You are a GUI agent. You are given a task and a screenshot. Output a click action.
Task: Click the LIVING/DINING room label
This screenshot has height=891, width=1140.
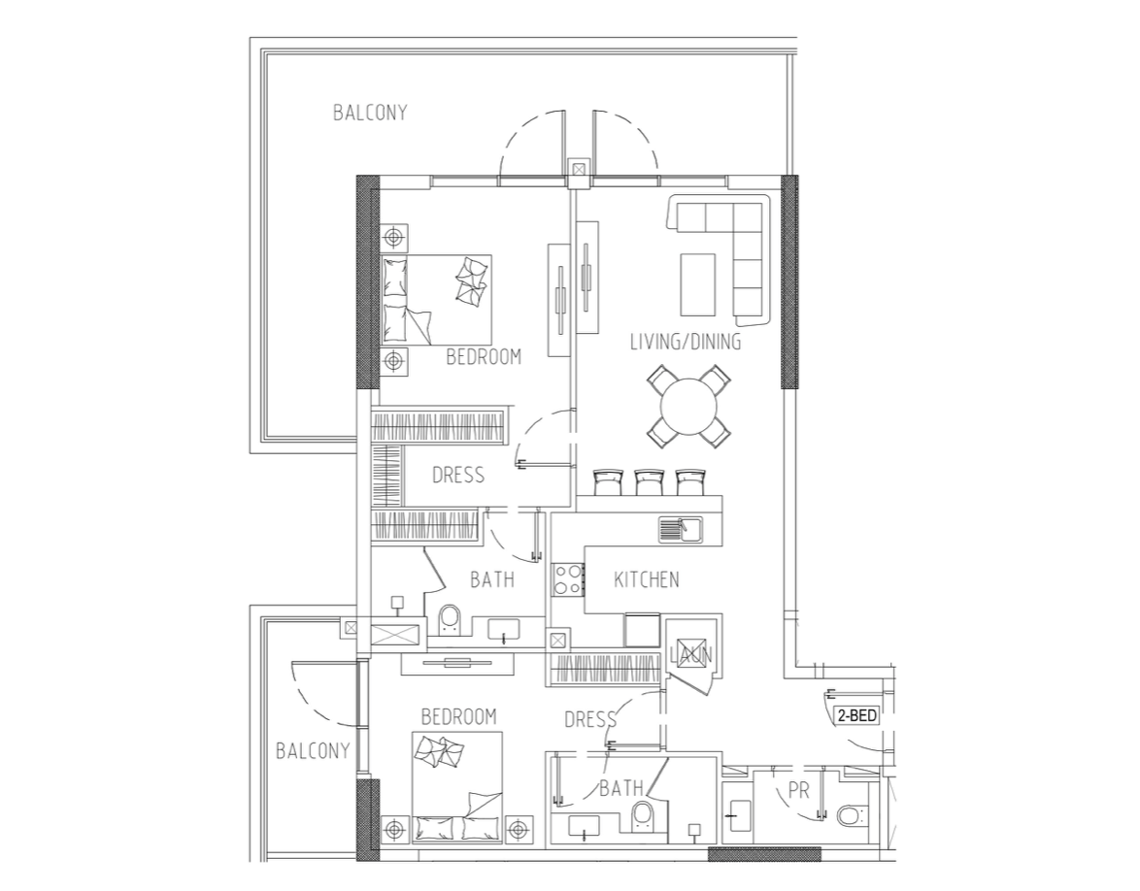(685, 342)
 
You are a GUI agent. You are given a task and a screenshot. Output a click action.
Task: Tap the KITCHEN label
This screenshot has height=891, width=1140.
(647, 579)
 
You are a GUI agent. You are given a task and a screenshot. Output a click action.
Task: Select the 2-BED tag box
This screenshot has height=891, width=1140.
(857, 716)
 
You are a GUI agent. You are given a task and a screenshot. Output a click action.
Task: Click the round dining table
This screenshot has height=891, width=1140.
(687, 406)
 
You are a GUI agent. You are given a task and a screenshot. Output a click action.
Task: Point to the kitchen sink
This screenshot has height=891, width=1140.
(680, 529)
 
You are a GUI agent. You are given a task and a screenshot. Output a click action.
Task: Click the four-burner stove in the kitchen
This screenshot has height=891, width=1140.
(568, 579)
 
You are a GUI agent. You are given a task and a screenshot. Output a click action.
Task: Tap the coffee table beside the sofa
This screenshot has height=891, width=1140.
(697, 283)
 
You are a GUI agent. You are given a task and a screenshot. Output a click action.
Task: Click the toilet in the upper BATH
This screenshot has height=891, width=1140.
(450, 618)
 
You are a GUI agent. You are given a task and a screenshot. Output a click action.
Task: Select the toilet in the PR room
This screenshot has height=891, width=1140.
(850, 814)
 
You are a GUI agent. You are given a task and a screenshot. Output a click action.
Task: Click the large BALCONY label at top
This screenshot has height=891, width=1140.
(369, 113)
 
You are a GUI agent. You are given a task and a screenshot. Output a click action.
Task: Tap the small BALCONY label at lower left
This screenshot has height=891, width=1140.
(313, 750)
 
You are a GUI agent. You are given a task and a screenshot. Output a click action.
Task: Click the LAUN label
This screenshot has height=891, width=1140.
(691, 654)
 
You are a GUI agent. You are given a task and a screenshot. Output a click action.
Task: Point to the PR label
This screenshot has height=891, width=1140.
(798, 790)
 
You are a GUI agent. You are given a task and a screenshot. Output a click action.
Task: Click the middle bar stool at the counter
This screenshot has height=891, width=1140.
(649, 482)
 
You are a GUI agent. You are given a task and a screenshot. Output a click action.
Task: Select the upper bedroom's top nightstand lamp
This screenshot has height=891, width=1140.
(393, 238)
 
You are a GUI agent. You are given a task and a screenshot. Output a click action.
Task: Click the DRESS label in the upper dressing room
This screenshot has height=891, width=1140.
(458, 476)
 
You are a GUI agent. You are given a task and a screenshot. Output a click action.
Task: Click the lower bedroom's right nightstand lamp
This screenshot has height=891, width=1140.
(517, 829)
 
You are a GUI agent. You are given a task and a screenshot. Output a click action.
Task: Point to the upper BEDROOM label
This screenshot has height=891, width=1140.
(484, 357)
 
